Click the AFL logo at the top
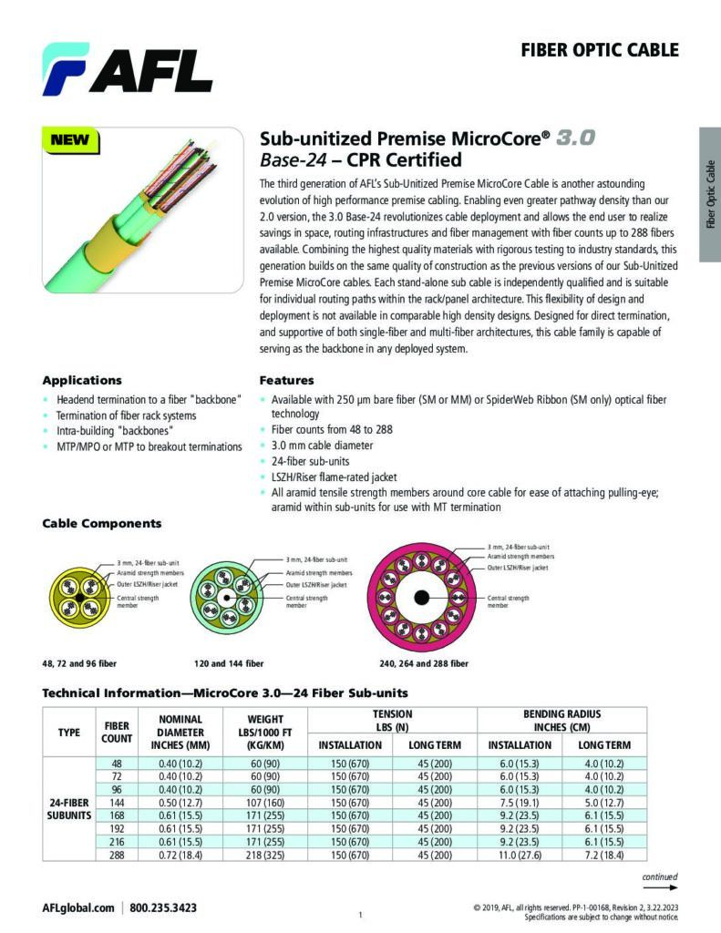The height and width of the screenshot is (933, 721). (127, 69)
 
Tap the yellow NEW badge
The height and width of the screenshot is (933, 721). (70, 140)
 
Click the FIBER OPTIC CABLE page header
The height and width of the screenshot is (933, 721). (599, 49)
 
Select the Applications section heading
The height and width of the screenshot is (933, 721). (82, 380)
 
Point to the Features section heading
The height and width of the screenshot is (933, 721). (286, 380)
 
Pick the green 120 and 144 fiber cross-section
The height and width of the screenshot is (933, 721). (231, 598)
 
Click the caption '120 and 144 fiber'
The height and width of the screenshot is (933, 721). (229, 663)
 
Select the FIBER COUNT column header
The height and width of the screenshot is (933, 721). (117, 733)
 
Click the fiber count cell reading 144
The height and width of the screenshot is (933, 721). (117, 802)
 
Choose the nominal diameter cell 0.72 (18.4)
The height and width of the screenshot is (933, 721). (180, 855)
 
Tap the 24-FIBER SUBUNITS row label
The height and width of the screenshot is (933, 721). (69, 808)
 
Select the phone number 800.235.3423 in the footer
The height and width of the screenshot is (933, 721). (163, 907)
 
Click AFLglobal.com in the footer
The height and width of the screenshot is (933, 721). (78, 907)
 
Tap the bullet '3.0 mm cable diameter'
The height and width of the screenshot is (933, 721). (322, 446)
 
